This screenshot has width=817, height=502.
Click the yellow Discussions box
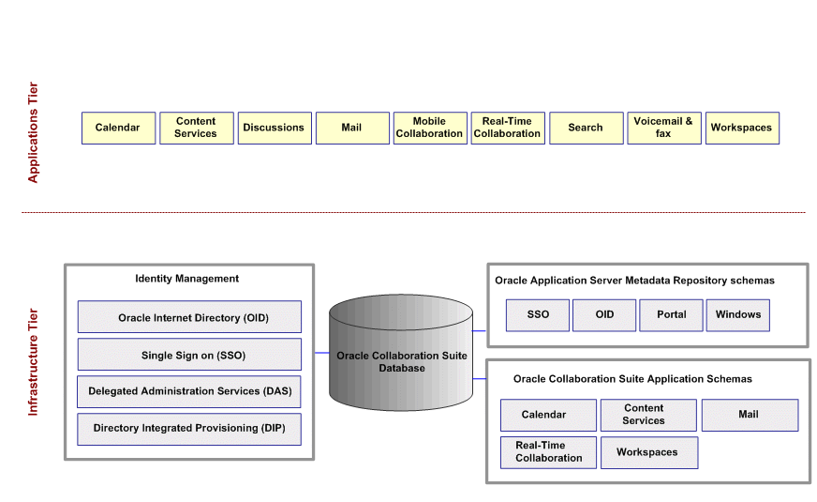pos(274,128)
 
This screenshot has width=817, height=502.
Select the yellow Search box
pos(586,128)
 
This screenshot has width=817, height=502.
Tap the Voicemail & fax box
pos(663,128)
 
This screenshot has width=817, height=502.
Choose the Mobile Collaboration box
pos(429,128)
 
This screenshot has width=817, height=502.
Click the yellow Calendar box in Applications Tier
pos(117,128)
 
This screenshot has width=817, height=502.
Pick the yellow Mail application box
pos(351,128)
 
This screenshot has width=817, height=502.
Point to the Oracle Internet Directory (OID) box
pos(189,317)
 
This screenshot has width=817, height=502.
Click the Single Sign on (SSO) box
pos(189,355)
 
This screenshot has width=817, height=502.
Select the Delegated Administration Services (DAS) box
pos(189,391)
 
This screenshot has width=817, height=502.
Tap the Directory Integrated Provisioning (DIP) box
pos(189,429)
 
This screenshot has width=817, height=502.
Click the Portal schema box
pos(671,315)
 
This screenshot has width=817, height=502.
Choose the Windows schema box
pos(737,315)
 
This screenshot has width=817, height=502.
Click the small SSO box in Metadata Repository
pos(538,315)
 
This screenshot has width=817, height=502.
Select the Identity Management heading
pos(187,279)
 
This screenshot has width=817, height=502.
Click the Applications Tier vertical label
pos(34,132)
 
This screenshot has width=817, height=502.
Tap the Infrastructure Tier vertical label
pos(34,362)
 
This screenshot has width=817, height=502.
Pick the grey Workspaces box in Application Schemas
pos(646,452)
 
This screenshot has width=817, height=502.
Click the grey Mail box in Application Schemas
pos(749,415)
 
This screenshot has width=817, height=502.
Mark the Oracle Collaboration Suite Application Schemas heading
pos(632,379)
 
